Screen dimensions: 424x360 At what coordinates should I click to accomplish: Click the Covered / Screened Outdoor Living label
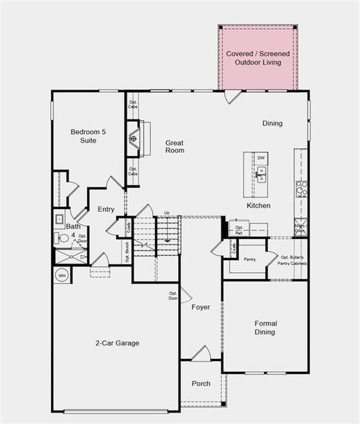[257, 58]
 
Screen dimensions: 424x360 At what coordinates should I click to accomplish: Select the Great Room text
[175, 146]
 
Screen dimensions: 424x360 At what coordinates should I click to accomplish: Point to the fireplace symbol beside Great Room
[133, 139]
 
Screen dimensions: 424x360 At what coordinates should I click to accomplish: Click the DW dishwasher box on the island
[261, 158]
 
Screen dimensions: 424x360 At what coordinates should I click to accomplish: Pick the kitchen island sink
[261, 175]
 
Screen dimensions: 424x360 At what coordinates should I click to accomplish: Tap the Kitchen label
[258, 206]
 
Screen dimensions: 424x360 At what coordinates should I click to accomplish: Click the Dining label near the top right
[272, 124]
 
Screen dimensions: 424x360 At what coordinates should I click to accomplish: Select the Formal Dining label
[265, 328]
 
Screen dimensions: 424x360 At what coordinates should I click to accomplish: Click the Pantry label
[249, 259]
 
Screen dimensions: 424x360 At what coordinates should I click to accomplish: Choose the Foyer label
[201, 307]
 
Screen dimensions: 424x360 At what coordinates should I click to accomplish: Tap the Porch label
[201, 384]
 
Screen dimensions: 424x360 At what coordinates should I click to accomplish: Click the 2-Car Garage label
[117, 343]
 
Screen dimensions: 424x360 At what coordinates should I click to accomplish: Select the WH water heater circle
[62, 275]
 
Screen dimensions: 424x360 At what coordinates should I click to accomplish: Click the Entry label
[106, 209]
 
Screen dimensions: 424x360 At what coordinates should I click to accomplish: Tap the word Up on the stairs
[167, 213]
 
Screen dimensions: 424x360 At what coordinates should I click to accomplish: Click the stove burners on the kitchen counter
[301, 187]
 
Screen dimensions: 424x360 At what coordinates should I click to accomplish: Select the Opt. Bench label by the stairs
[127, 248]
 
